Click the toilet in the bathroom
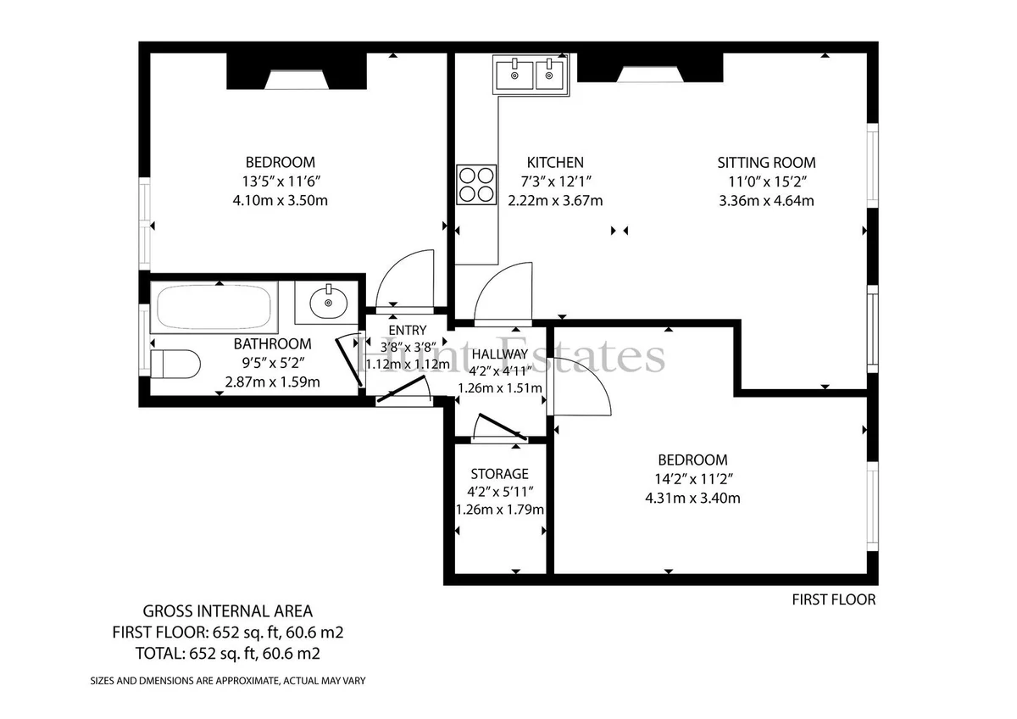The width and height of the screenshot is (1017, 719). click(x=175, y=364)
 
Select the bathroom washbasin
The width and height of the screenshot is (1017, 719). click(x=328, y=302)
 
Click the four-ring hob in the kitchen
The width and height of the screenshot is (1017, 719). click(x=476, y=184)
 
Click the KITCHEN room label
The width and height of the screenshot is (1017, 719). click(x=555, y=162)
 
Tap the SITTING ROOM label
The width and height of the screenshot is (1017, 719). click(x=766, y=162)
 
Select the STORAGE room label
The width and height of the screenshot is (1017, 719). click(x=499, y=474)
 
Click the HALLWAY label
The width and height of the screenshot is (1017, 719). click(x=500, y=354)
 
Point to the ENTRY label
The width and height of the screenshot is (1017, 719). click(x=408, y=330)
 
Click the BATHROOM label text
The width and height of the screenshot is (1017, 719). click(x=272, y=344)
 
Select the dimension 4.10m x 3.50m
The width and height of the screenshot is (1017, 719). click(x=281, y=200)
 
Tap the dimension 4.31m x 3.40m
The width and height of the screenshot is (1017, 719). click(x=692, y=499)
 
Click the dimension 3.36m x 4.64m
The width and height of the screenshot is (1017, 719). click(x=766, y=201)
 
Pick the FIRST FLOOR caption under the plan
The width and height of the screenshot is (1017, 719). click(x=834, y=599)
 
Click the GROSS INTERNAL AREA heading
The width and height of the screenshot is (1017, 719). click(x=228, y=611)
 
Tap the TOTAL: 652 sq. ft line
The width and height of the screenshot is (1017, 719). click(x=228, y=654)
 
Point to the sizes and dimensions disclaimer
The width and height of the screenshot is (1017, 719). click(x=228, y=681)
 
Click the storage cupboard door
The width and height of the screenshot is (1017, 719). click(x=503, y=427)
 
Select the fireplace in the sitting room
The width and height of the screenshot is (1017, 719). click(x=650, y=68)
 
